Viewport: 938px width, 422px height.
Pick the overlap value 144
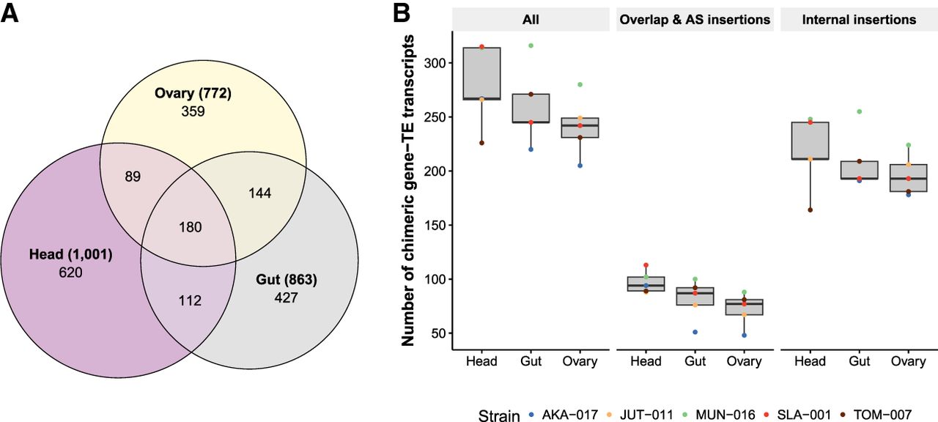pos(259,193)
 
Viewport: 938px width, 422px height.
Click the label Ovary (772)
pos(193,94)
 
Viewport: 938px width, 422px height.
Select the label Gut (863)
pos(286,280)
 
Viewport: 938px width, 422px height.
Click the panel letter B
pos(401,14)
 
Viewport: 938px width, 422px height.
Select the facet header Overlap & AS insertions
pos(695,20)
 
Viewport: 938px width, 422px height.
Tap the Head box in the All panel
pos(481,73)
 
